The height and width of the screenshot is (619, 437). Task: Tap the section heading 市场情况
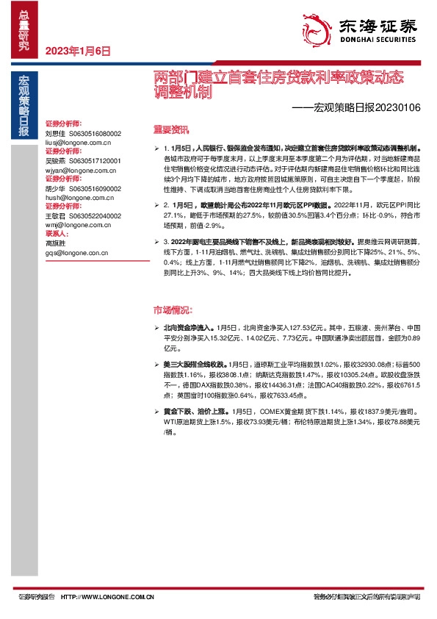click(x=172, y=309)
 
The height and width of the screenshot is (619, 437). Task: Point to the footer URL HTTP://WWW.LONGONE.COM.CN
click(x=107, y=597)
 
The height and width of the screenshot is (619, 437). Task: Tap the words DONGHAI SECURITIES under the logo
click(x=378, y=42)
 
